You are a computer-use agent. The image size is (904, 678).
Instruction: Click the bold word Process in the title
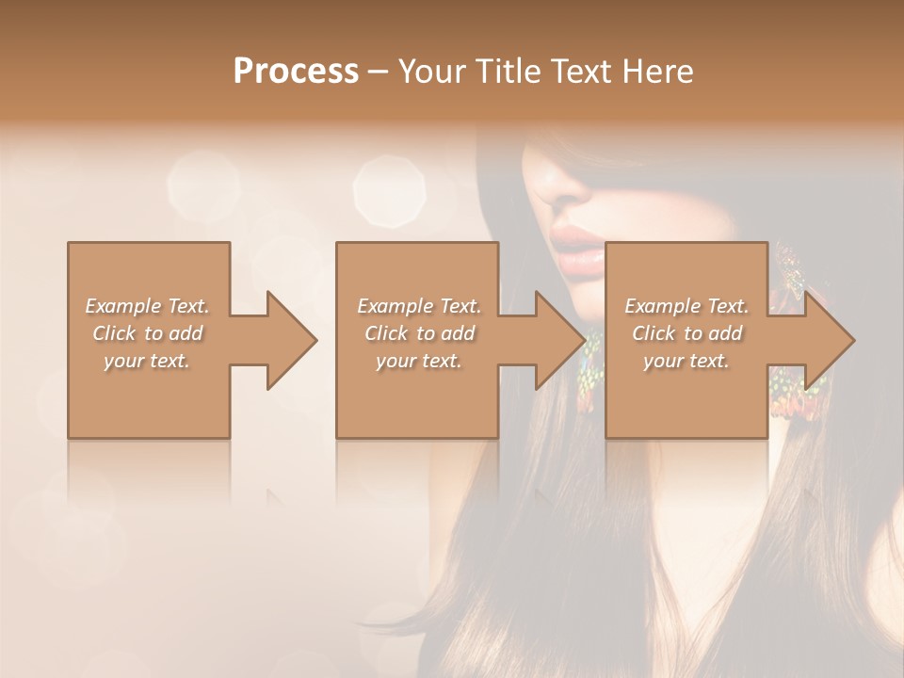296,72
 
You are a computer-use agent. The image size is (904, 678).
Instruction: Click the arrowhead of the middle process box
559,340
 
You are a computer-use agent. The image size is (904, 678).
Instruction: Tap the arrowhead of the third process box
829,340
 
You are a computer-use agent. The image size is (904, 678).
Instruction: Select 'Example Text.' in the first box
147,306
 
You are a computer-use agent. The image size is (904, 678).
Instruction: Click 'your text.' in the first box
147,361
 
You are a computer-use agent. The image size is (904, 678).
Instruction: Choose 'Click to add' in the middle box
419,333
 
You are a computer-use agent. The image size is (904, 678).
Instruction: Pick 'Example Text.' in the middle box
419,306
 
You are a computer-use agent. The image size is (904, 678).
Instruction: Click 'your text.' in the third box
686,361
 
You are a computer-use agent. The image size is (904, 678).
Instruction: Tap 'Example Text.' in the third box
686,306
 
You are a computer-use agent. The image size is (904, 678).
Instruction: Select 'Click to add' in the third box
686,333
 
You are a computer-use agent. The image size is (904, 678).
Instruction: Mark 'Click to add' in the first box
147,333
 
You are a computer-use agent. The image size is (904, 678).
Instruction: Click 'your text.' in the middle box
419,361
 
